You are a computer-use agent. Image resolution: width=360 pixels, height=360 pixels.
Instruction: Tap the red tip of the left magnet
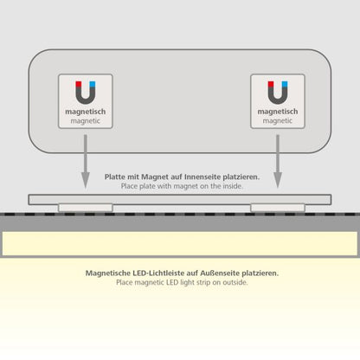(x=79, y=84)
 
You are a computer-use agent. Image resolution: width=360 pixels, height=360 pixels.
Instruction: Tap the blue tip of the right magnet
(x=285, y=84)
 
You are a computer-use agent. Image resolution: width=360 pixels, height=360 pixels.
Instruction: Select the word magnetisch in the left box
(x=86, y=112)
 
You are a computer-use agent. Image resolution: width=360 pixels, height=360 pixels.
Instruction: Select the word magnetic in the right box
(x=278, y=121)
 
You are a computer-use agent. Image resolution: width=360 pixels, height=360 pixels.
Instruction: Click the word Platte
(x=115, y=177)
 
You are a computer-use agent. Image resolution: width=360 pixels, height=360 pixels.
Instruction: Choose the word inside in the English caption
(x=232, y=186)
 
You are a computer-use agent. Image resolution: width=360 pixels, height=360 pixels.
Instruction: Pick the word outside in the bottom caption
(x=235, y=282)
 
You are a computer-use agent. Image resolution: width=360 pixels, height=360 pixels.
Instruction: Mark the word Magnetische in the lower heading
(x=108, y=273)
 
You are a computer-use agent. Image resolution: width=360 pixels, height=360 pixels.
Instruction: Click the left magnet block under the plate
(x=86, y=208)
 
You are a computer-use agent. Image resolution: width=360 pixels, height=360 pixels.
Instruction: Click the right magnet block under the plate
(x=278, y=208)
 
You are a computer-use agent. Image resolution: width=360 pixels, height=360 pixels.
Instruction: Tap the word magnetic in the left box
(x=86, y=121)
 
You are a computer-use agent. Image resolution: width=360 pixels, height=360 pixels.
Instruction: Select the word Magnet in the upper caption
(x=155, y=177)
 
